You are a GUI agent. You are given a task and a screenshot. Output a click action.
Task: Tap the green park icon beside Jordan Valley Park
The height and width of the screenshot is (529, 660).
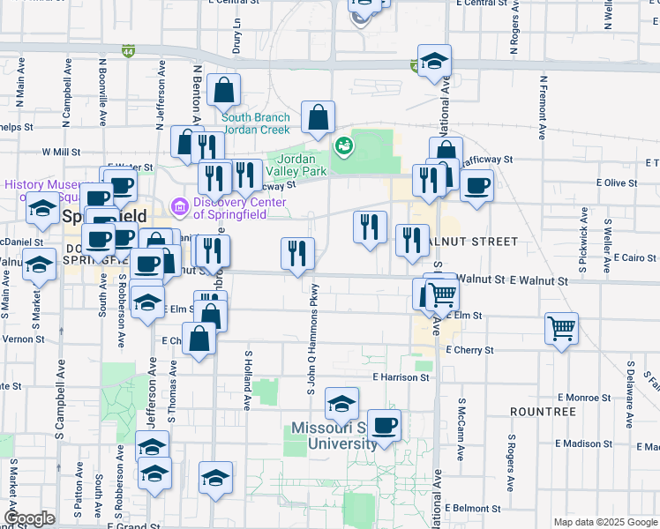click(x=343, y=145)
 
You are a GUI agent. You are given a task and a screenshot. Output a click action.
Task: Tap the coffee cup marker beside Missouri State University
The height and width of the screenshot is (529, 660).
click(x=384, y=426)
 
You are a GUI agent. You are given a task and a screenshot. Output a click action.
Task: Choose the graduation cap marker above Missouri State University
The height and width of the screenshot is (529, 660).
click(x=341, y=404)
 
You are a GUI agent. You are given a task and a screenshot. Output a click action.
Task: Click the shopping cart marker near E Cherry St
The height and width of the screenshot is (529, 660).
click(x=561, y=329)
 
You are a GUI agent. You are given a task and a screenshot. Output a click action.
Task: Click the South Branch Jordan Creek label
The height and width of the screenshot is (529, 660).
click(x=256, y=123)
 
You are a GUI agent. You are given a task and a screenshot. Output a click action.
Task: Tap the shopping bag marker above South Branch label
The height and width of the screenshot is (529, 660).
click(x=226, y=90)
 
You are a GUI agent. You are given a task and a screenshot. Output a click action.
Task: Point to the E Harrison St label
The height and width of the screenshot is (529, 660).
click(x=401, y=376)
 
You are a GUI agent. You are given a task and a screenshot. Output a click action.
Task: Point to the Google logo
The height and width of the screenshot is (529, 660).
click(x=28, y=518)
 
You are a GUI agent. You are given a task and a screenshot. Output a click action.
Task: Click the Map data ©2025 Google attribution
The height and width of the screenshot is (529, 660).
click(x=605, y=522)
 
